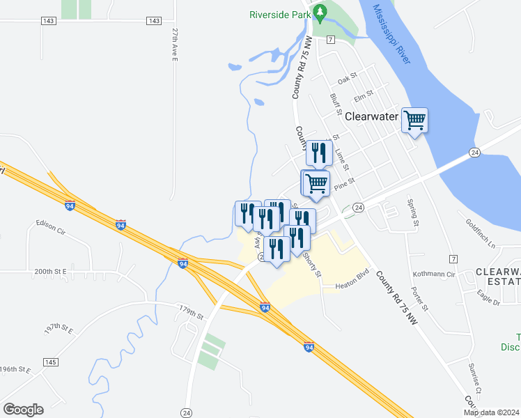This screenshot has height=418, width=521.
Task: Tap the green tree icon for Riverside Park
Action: [x=320, y=12]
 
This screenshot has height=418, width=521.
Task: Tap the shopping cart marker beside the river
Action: [x=415, y=121]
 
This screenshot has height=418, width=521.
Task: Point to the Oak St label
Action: [x=347, y=80]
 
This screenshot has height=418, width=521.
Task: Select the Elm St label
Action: [x=364, y=91]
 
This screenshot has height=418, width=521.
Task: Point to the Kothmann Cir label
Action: [x=433, y=275]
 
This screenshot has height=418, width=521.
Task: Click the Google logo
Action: [x=23, y=410]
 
